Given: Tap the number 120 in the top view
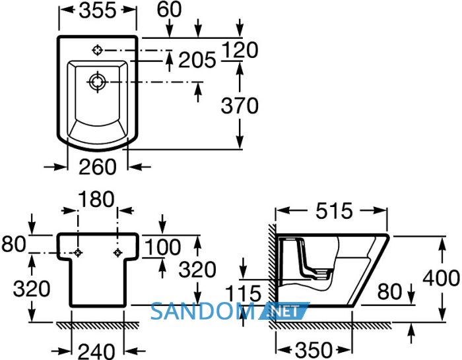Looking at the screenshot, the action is [x=240, y=49].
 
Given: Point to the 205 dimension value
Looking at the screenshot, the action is [x=197, y=60].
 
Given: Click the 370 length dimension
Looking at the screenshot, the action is [x=240, y=106].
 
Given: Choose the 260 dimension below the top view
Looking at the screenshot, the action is [x=98, y=167].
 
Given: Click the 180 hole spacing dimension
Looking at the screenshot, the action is [x=96, y=199].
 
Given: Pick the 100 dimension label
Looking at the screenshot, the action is [x=163, y=247].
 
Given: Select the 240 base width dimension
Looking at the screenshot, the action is [x=96, y=351].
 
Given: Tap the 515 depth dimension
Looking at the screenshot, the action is [x=334, y=211].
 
